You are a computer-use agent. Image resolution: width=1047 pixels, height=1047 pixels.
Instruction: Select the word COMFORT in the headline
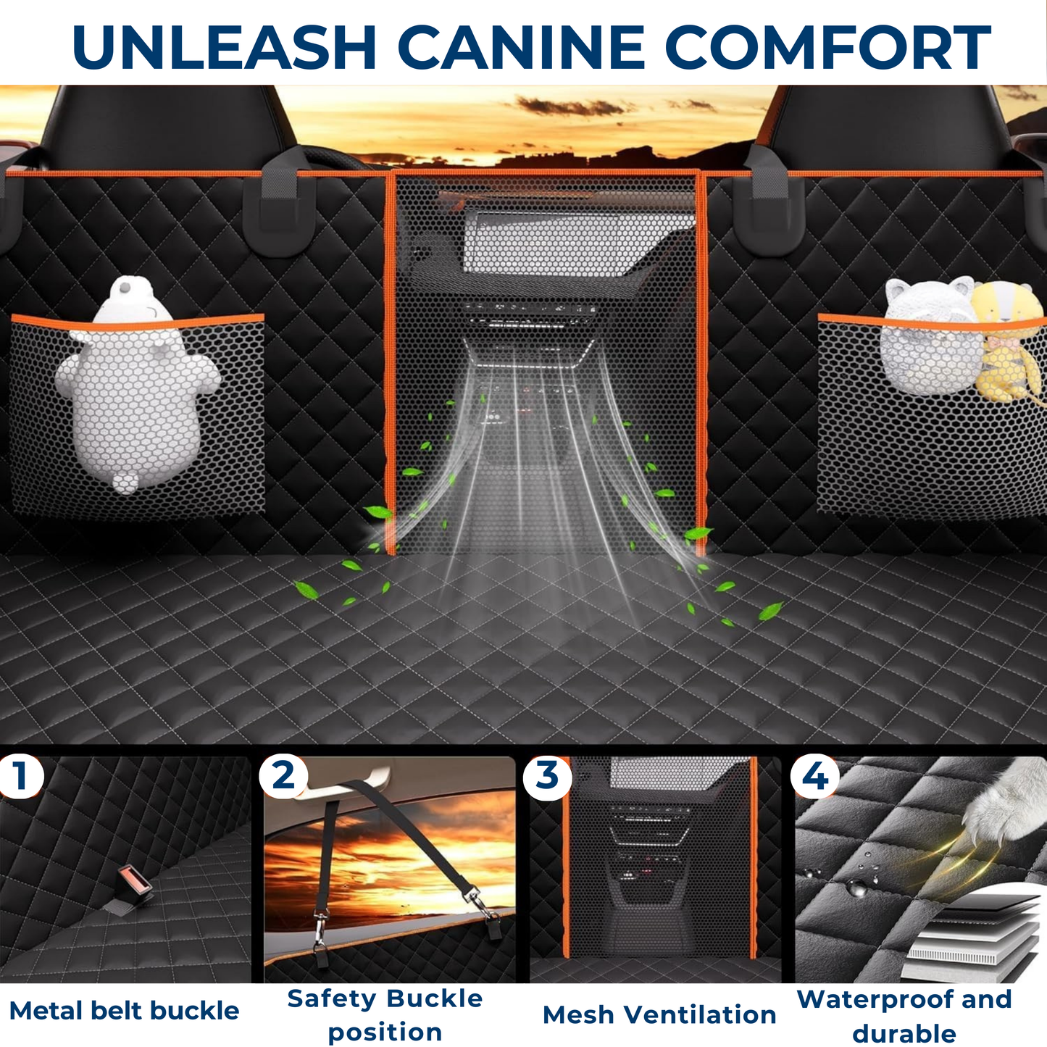(827, 47)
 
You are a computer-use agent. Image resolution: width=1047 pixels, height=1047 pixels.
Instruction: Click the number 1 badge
(20, 776)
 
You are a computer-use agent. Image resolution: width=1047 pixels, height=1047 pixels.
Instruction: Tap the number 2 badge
(283, 776)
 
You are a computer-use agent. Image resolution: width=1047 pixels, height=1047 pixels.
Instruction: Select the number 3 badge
(547, 776)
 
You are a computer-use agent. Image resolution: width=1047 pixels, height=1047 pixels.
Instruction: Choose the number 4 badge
(815, 777)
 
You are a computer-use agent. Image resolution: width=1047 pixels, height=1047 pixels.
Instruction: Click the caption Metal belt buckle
(124, 1010)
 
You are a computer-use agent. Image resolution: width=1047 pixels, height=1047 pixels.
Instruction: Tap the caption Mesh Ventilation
(659, 1014)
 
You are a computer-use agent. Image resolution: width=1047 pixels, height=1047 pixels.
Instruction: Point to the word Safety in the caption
(326, 998)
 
